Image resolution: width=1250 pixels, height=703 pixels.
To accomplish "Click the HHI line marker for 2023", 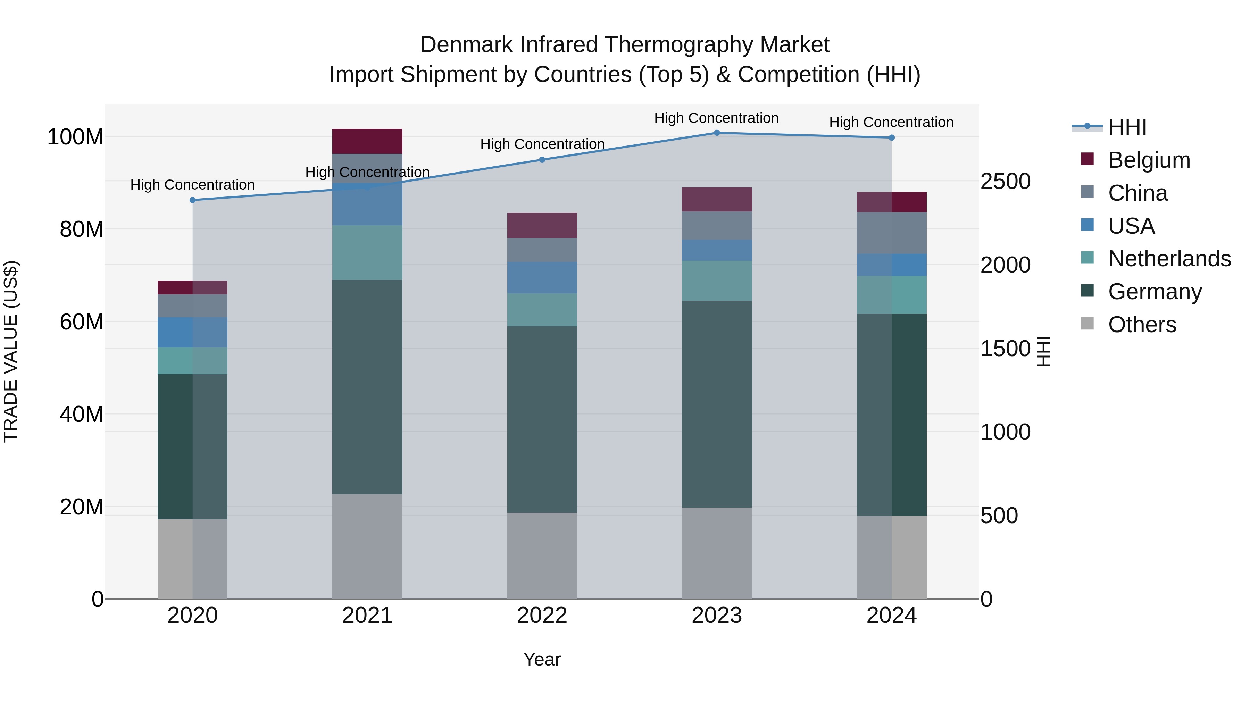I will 717,133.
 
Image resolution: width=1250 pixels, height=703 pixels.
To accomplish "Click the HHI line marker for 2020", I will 193,200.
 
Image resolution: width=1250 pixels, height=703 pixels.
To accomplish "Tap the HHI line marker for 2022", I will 542,160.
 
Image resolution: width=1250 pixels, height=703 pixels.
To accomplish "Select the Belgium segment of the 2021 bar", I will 367,141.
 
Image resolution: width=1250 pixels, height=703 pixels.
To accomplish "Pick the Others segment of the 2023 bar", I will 717,553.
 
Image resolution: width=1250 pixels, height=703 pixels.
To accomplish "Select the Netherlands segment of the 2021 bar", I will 367,252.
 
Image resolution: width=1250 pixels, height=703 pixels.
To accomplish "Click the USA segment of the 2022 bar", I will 542,277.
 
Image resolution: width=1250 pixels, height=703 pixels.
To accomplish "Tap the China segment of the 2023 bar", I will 717,225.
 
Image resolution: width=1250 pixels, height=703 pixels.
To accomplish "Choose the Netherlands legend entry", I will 1168,259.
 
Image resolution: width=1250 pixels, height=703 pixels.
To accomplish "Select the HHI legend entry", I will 1127,127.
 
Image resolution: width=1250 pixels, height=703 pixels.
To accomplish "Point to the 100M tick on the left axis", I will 75,137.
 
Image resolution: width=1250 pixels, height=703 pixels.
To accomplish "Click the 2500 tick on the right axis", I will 1006,182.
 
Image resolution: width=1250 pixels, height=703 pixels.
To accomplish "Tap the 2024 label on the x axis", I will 891,616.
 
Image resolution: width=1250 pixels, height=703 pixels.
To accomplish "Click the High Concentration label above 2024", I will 891,122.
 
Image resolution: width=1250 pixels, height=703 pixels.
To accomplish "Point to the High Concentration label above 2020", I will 193,185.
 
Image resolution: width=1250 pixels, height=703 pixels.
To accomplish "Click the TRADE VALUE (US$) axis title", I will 11,351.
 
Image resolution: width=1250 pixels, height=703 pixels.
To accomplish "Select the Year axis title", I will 542,659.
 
